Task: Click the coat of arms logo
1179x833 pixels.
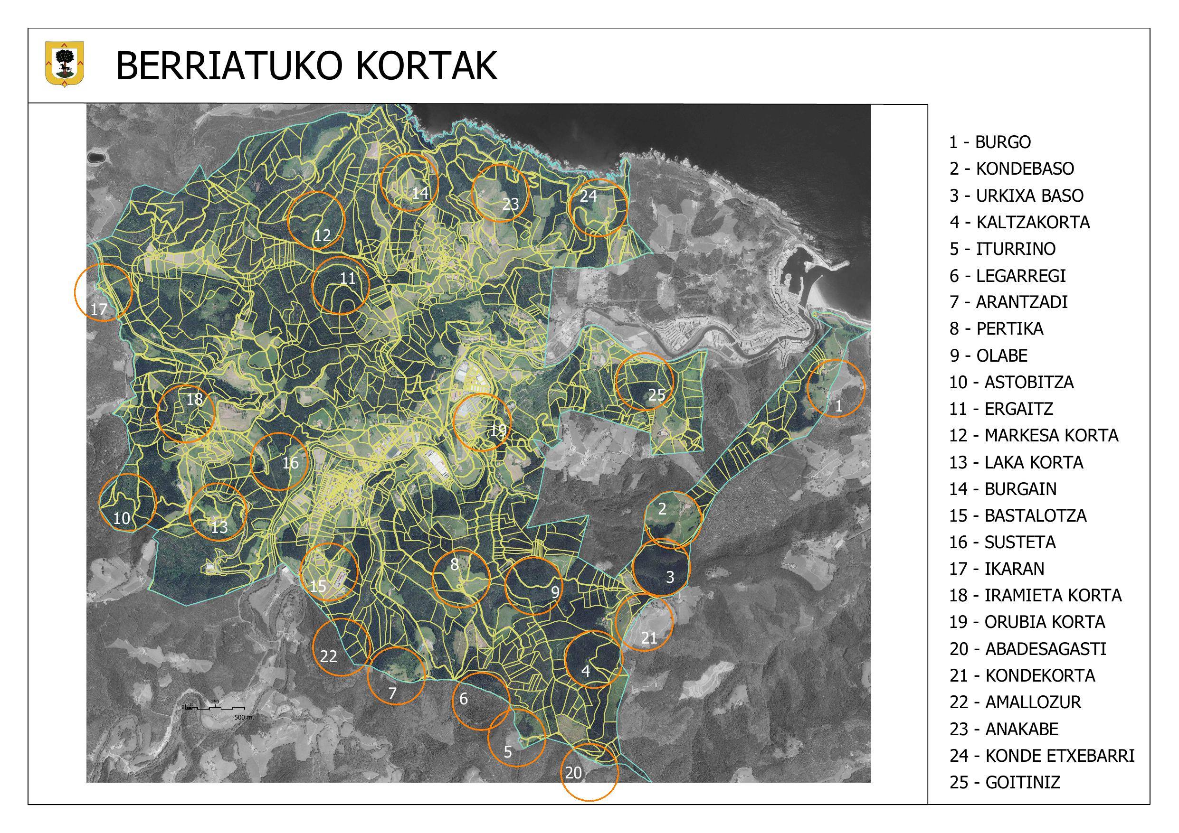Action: click(65, 65)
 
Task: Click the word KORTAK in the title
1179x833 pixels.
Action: click(426, 66)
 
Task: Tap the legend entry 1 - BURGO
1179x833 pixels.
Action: click(989, 142)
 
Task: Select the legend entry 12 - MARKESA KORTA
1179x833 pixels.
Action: click(1033, 436)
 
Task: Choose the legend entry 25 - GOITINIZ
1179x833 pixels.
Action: click(1004, 783)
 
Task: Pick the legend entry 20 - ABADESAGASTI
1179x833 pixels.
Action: click(1027, 649)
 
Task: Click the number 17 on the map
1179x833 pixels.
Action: click(99, 309)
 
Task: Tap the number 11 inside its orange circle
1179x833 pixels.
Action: click(348, 279)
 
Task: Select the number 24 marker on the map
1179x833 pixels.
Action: click(589, 196)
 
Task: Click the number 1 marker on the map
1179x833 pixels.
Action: click(838, 406)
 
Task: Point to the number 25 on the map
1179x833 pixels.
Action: click(656, 395)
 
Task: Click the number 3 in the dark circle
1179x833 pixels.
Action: click(670, 577)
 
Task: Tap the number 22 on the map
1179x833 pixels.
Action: click(329, 656)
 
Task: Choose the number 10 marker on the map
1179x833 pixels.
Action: click(122, 518)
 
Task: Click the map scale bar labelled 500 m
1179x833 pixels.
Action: click(216, 708)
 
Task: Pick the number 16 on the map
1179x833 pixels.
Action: click(291, 463)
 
